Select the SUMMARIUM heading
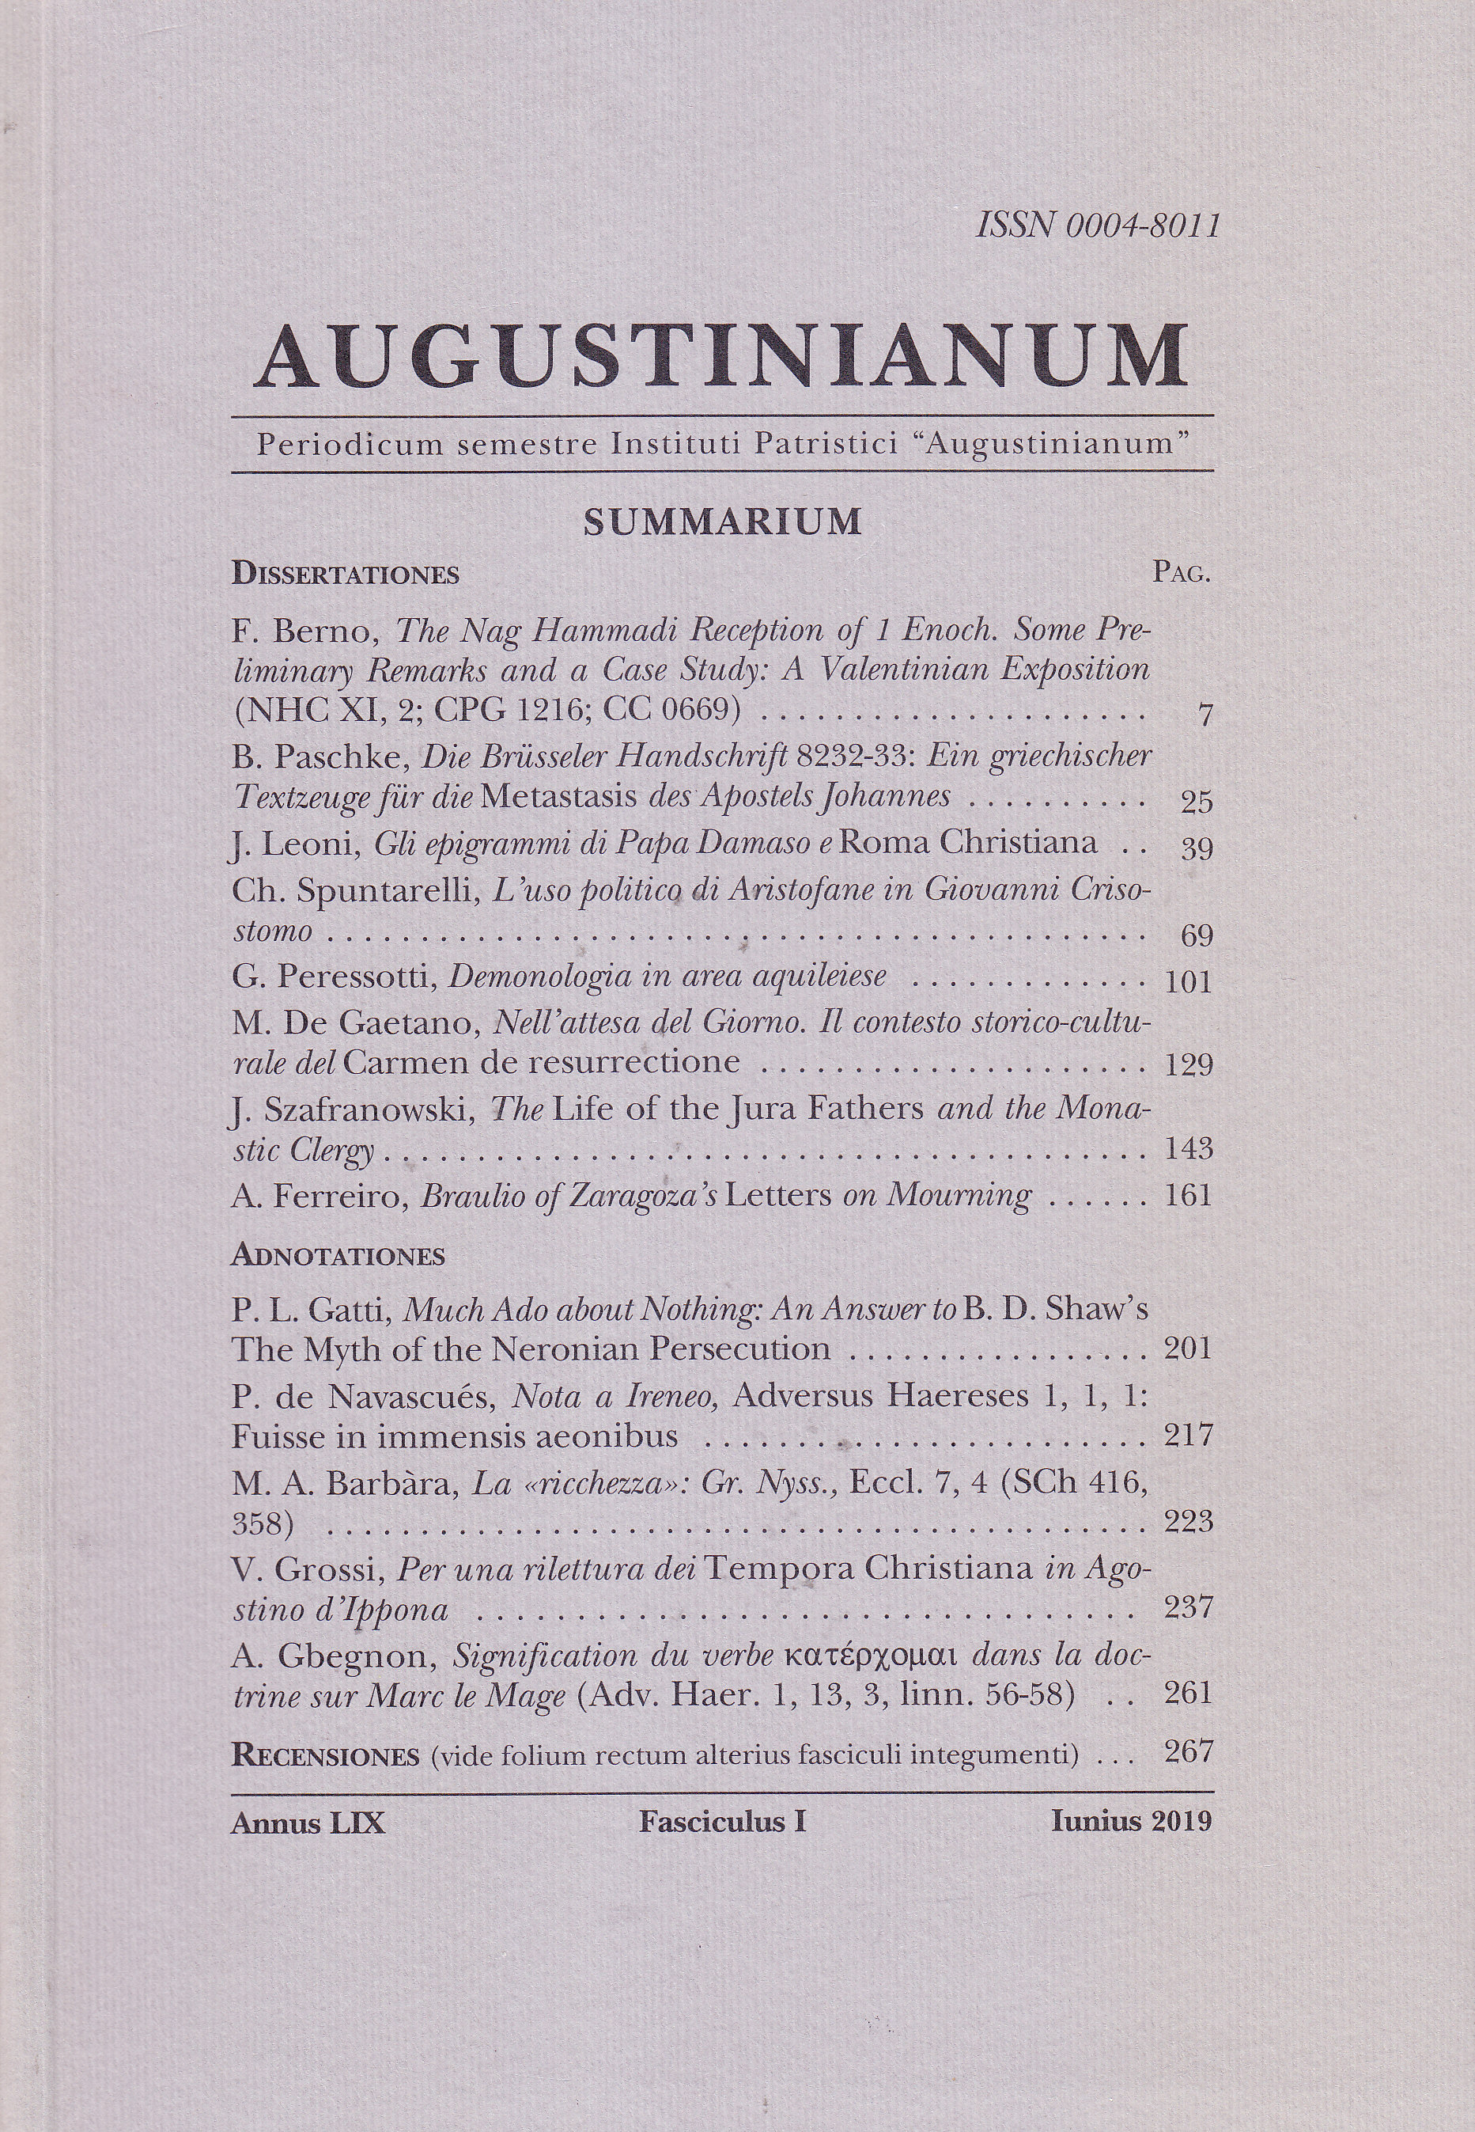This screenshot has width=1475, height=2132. (722, 522)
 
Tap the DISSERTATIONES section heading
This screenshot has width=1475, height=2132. (345, 574)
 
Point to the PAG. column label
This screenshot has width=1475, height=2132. (1181, 573)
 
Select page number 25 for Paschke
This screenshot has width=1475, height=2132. (1196, 802)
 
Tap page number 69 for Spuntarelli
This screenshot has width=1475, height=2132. (1196, 936)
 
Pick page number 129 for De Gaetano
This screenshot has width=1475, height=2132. (1189, 1065)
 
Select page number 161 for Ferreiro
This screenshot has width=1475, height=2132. (1189, 1196)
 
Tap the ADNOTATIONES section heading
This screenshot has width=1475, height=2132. (338, 1255)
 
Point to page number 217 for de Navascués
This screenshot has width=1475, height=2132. (1189, 1435)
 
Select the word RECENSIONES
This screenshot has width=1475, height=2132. (325, 1754)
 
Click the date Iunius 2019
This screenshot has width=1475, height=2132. (1130, 1821)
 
